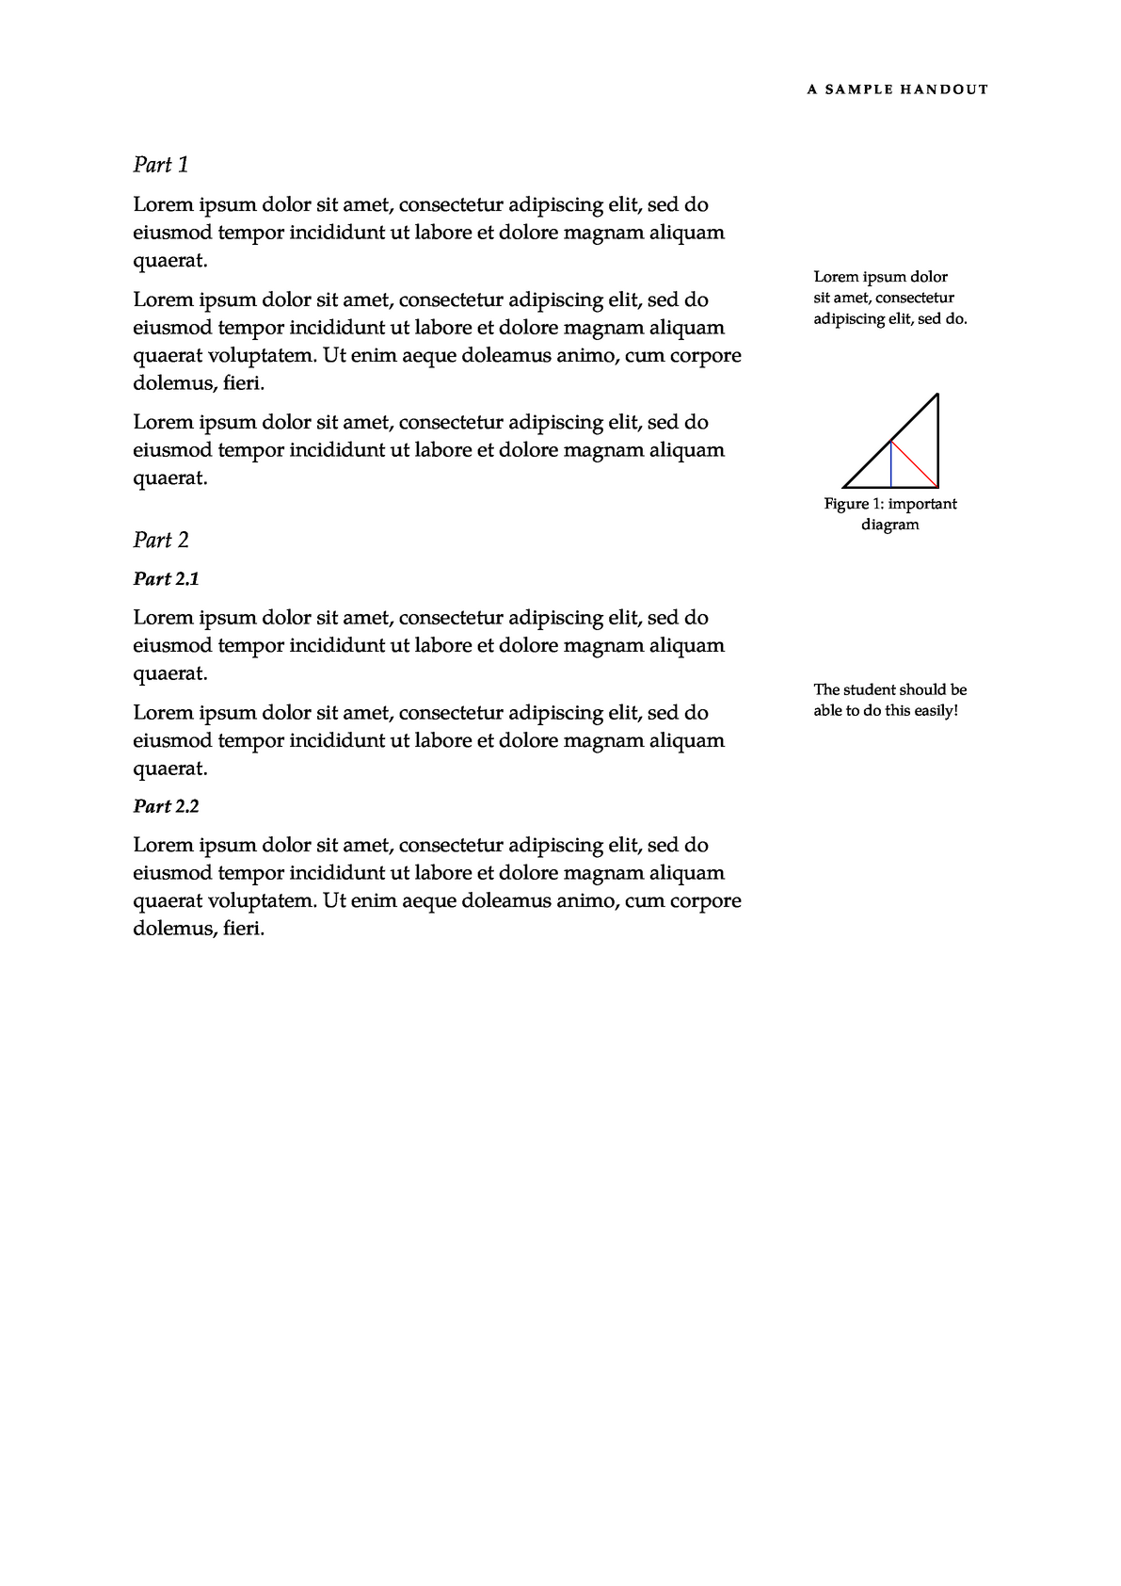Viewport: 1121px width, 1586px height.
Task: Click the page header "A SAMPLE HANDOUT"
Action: tap(897, 90)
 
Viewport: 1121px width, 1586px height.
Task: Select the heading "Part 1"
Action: tap(161, 166)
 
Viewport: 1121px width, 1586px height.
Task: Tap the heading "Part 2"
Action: tap(161, 541)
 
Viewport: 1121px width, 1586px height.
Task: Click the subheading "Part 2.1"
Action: tap(166, 579)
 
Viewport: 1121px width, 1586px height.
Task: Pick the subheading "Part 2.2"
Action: tap(166, 807)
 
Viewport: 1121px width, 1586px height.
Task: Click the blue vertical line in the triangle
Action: tap(890, 465)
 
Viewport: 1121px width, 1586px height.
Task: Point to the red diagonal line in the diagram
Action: tap(915, 464)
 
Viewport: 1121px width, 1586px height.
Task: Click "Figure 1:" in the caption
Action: tap(847, 505)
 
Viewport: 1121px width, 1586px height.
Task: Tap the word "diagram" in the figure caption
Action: tap(889, 526)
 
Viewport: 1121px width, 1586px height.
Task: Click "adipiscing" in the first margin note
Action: tap(847, 319)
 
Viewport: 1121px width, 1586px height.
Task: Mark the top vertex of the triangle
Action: tap(937, 395)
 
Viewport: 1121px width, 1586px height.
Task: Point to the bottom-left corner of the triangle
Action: tap(844, 487)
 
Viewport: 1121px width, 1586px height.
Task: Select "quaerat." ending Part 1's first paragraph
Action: tap(169, 261)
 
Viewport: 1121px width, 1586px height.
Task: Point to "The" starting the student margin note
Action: tap(826, 690)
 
